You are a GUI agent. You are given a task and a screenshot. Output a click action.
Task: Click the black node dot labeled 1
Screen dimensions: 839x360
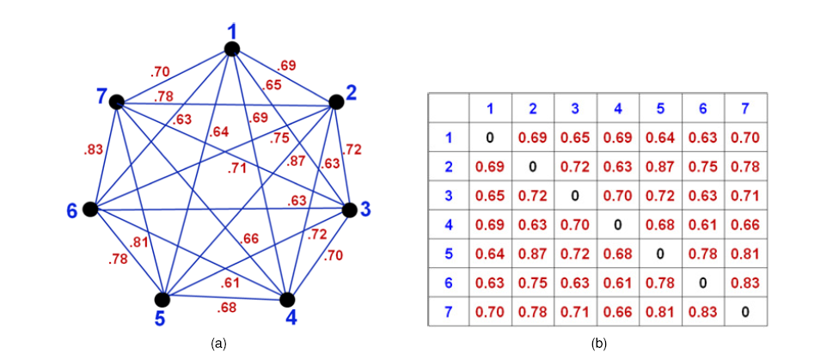click(232, 49)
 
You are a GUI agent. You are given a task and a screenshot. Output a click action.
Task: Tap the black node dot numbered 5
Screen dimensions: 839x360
click(162, 299)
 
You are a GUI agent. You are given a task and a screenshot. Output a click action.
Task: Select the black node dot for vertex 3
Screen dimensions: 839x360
click(349, 211)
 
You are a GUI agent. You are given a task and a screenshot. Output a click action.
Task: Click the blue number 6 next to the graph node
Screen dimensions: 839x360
click(72, 211)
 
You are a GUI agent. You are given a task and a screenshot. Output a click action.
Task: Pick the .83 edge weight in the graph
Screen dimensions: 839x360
click(92, 151)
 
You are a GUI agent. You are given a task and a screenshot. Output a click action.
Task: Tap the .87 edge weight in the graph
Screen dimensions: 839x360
click(297, 162)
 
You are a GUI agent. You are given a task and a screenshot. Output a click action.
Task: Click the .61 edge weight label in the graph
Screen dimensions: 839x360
click(230, 284)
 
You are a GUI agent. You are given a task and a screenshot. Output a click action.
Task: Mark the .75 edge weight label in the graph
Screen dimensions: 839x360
click(279, 137)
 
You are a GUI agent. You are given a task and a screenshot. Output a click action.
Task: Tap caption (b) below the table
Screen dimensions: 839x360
click(598, 344)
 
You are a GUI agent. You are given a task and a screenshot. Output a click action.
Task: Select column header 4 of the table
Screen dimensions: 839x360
click(617, 108)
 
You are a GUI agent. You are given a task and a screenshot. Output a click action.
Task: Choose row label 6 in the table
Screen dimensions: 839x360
click(449, 283)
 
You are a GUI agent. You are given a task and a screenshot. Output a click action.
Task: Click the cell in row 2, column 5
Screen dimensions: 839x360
click(659, 167)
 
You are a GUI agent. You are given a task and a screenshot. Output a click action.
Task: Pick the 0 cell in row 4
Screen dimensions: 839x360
click(617, 224)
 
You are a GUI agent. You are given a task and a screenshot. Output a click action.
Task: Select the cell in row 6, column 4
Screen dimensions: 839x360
click(617, 283)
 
